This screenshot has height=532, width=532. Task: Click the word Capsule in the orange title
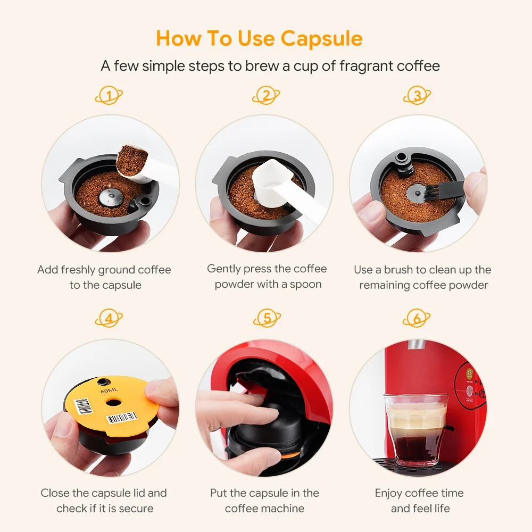tap(321, 39)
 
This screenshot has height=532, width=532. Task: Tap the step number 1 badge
tap(109, 96)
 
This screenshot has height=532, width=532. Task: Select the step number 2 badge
tap(265, 96)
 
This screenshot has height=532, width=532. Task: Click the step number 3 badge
tap(418, 96)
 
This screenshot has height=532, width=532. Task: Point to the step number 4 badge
tap(109, 319)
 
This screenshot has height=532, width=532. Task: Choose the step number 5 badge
tap(267, 319)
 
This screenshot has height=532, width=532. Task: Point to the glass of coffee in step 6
tap(415, 428)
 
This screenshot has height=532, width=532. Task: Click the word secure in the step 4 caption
tap(135, 508)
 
